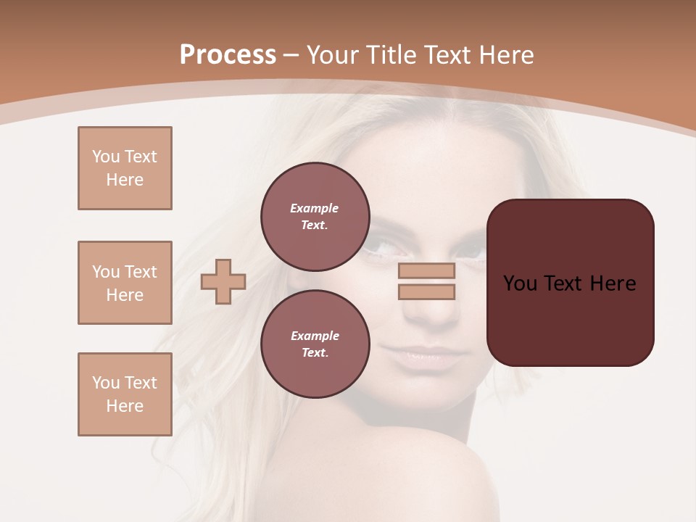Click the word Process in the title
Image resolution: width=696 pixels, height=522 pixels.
tap(228, 54)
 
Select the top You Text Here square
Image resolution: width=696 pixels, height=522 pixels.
tap(125, 168)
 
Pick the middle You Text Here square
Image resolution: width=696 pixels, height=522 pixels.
tap(125, 283)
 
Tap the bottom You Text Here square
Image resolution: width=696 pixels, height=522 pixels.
tap(125, 394)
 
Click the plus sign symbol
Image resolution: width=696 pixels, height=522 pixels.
tap(223, 281)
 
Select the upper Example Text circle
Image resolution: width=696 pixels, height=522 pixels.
tap(315, 216)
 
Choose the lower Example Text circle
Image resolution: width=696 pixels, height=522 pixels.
tap(315, 344)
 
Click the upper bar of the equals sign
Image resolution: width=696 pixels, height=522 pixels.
tap(426, 270)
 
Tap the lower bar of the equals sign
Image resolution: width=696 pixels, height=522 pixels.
tap(426, 291)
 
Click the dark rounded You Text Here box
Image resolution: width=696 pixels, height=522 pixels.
tap(570, 283)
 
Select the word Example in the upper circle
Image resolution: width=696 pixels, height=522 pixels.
tap(315, 208)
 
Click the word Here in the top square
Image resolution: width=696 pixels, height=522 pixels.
tap(125, 180)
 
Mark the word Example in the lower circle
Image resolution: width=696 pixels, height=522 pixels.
tap(315, 336)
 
